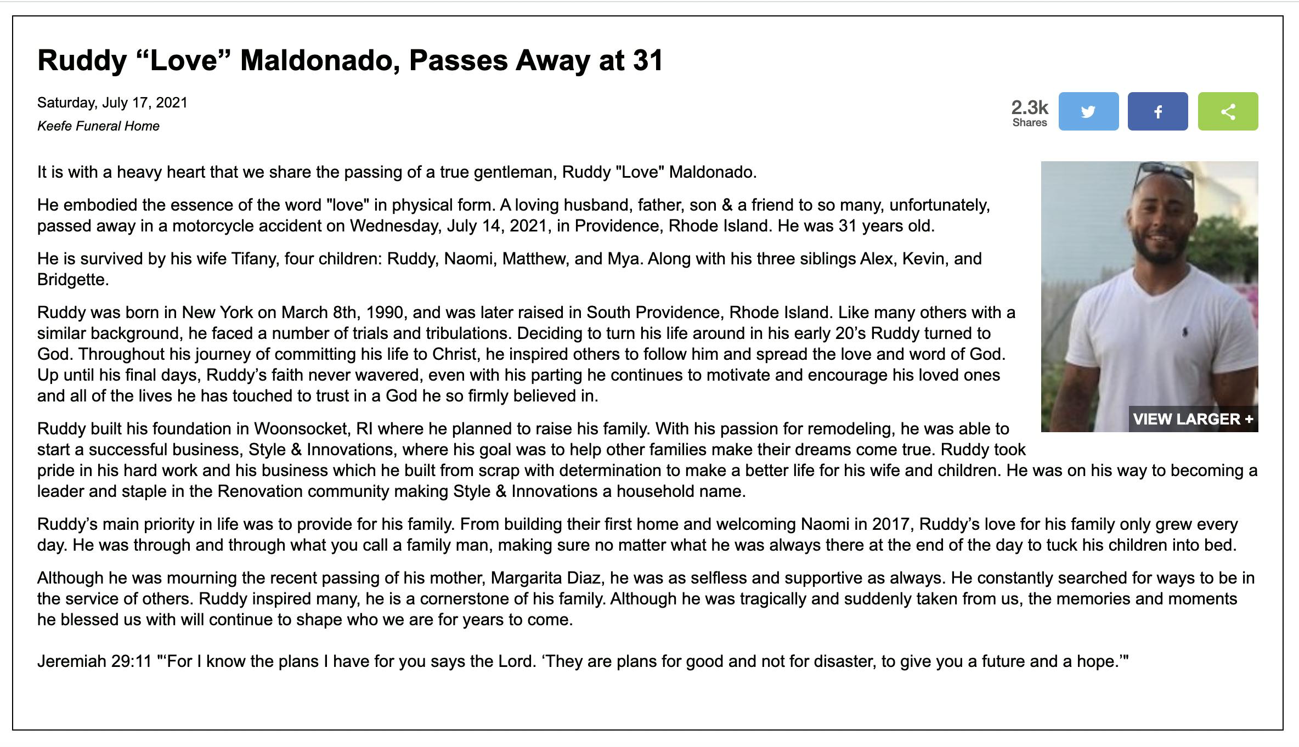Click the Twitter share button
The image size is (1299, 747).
(1088, 111)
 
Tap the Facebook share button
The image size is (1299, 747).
(1157, 111)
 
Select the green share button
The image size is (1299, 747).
(1228, 111)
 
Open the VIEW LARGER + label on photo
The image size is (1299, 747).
(1193, 419)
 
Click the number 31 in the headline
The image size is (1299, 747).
(648, 60)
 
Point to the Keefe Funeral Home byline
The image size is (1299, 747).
(98, 126)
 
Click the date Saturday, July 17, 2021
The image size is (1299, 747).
(112, 103)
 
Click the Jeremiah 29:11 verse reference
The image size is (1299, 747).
(94, 661)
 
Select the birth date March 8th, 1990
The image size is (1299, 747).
(343, 313)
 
